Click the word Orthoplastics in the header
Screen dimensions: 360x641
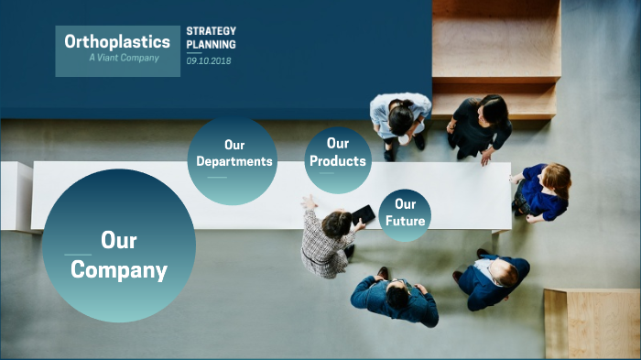click(117, 41)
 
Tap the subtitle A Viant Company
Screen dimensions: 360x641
click(124, 58)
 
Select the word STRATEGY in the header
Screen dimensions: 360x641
click(211, 31)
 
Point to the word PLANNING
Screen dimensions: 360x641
click(211, 44)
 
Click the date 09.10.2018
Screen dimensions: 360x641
click(211, 60)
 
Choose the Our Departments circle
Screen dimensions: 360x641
click(234, 159)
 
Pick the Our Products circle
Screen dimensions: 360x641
click(337, 160)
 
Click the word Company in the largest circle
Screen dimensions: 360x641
click(119, 270)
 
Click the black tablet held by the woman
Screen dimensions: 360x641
click(364, 214)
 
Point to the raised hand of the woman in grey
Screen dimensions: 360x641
click(309, 202)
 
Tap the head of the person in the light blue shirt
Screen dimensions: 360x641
click(401, 116)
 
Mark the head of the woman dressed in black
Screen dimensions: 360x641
click(493, 110)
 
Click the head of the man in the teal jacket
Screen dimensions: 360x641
click(397, 294)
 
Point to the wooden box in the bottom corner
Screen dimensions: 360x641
click(592, 323)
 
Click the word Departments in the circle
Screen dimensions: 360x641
click(234, 161)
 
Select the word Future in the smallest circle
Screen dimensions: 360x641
click(405, 221)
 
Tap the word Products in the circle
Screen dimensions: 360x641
click(338, 161)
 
